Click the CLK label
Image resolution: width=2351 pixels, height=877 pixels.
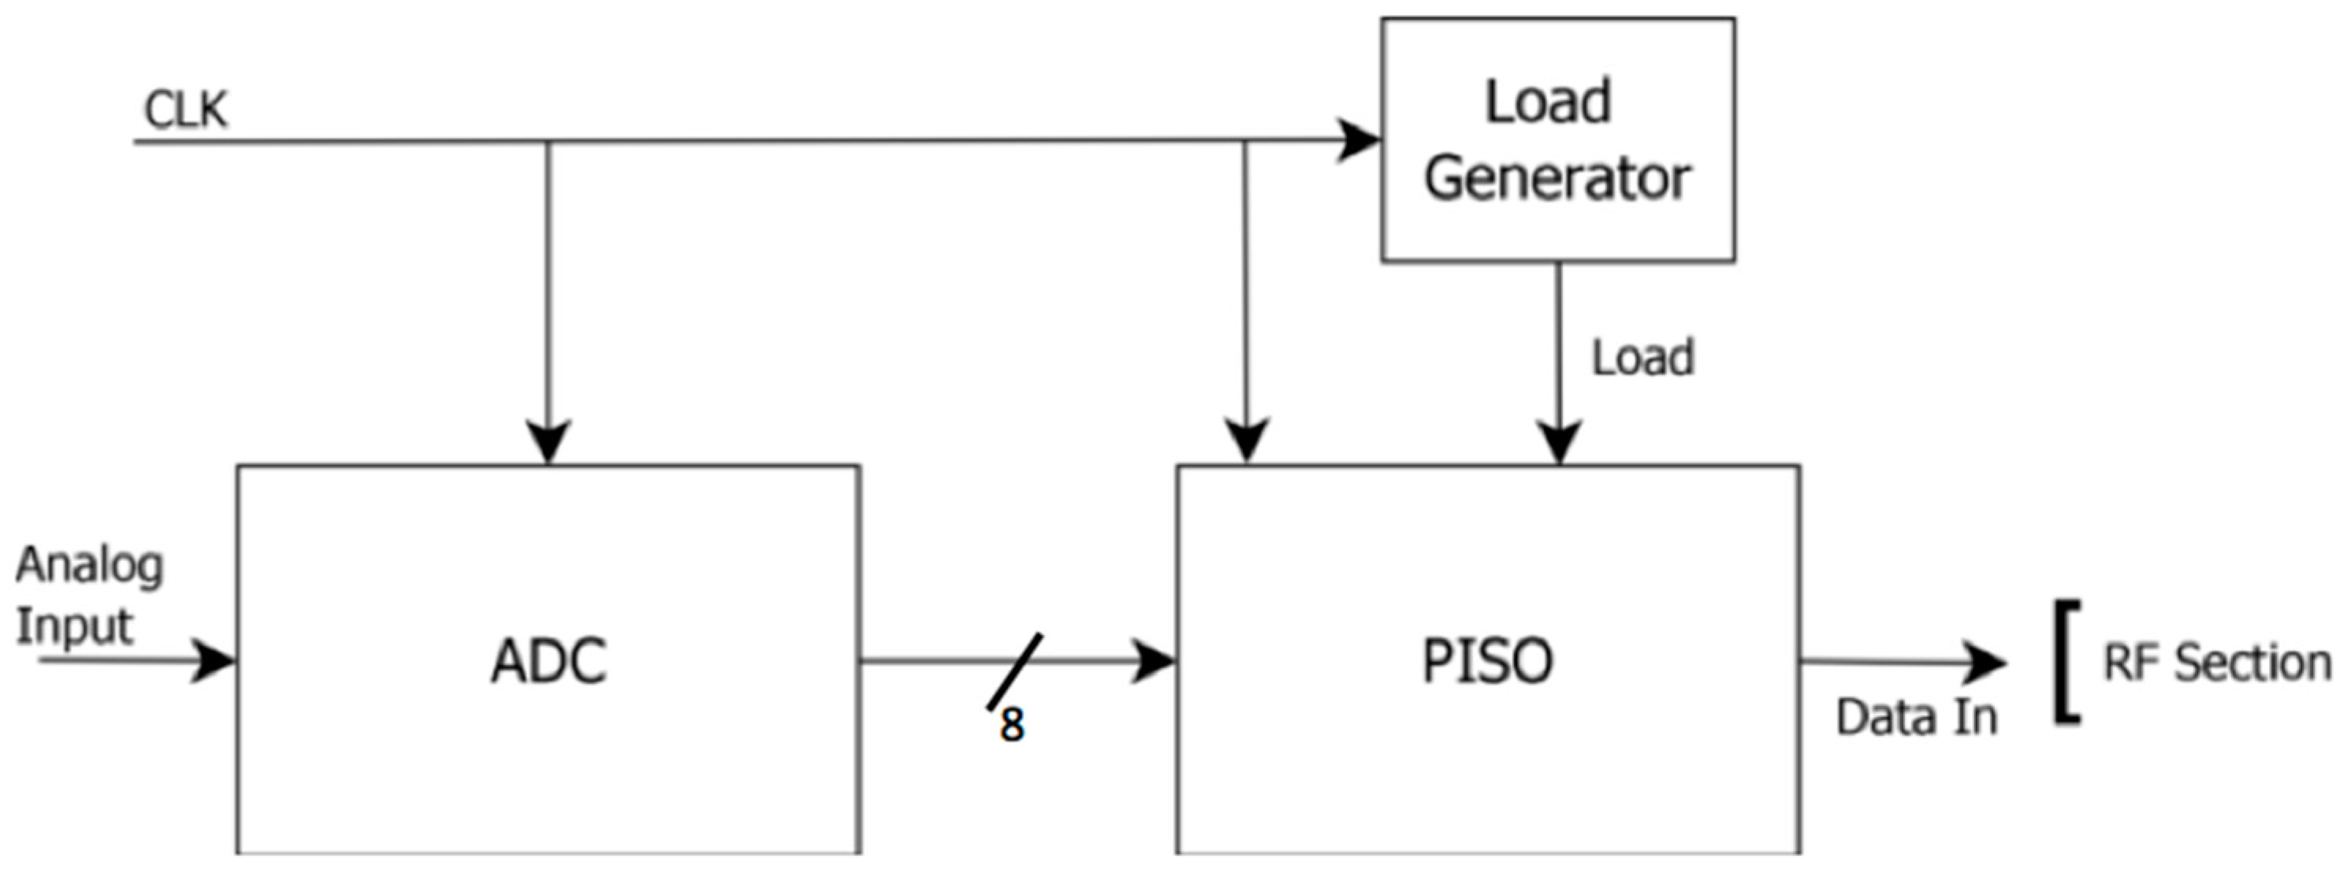click(x=185, y=111)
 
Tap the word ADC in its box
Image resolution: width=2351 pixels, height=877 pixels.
click(x=549, y=662)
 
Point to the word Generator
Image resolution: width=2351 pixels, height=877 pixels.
click(x=1557, y=179)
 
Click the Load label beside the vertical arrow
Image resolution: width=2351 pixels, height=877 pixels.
click(x=1642, y=358)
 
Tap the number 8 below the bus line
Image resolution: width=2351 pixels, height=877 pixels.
click(x=1011, y=726)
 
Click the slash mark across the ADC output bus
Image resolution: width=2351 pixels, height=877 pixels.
click(x=1014, y=671)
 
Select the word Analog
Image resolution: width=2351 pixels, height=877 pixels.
click(x=89, y=566)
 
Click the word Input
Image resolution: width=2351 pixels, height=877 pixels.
click(x=75, y=627)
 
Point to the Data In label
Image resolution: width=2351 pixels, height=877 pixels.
click(x=1917, y=717)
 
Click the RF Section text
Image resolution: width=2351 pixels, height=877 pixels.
click(x=2217, y=663)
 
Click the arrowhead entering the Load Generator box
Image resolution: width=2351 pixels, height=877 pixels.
click(x=1360, y=140)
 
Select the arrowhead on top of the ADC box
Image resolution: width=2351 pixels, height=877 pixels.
click(x=549, y=443)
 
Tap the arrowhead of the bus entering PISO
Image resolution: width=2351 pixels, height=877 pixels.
click(x=1154, y=661)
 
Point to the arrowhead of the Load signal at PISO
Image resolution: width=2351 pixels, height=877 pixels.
click(x=1559, y=443)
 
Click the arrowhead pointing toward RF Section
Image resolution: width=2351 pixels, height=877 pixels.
click(x=1985, y=663)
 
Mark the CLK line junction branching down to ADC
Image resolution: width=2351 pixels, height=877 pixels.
click(x=549, y=142)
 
